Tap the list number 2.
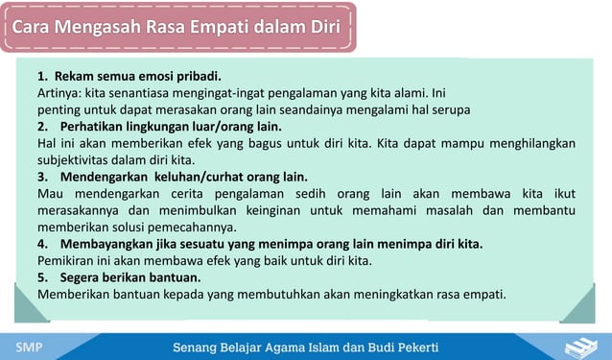pyautogui.click(x=42, y=127)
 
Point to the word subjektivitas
pyautogui.click(x=79, y=160)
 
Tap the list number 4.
pyautogui.click(x=42, y=244)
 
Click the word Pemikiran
pyautogui.click(x=68, y=260)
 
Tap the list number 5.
pyautogui.click(x=42, y=276)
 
